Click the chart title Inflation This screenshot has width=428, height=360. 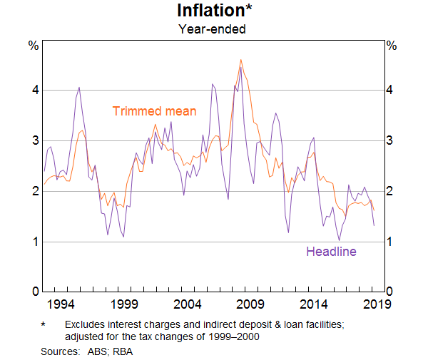click(211, 12)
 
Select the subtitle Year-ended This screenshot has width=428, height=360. click(213, 30)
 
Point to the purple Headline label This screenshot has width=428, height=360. click(331, 251)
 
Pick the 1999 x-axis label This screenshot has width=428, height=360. click(125, 305)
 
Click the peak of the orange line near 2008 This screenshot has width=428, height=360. click(241, 60)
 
